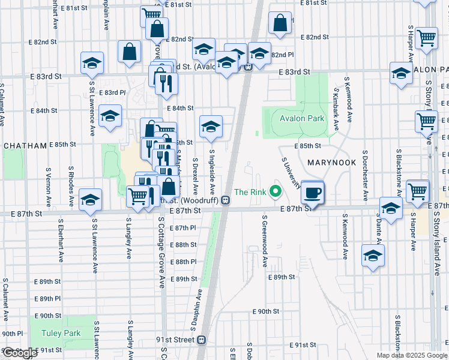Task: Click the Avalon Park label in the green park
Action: point(302,118)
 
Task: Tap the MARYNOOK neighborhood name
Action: point(332,163)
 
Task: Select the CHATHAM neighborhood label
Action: point(23,146)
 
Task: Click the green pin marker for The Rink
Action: point(276,192)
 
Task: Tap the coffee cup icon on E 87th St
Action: point(312,193)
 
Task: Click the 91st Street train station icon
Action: point(202,340)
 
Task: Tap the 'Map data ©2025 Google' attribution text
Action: point(411,355)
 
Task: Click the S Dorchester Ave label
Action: point(364,173)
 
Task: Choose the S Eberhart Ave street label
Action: point(61,241)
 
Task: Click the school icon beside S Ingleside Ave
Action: point(210,126)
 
